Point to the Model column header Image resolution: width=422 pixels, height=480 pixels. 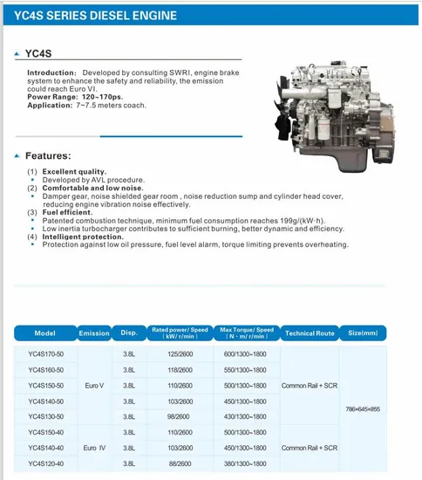click(45, 333)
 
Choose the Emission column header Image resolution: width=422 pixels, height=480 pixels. click(94, 333)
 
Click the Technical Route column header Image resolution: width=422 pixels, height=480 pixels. click(310, 333)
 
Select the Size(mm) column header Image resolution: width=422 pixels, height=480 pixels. click(362, 333)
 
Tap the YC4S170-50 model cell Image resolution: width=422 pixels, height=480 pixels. click(45, 354)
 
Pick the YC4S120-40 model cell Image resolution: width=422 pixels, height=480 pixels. click(45, 463)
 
